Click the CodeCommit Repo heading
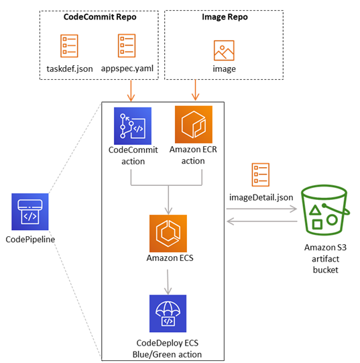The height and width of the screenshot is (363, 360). click(100, 17)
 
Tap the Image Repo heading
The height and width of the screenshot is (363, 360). click(225, 17)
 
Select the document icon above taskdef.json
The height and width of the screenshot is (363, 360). click(69, 46)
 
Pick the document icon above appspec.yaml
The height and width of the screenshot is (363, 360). click(127, 46)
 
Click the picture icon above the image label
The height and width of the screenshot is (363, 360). click(224, 50)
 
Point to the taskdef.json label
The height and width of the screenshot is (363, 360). click(70, 69)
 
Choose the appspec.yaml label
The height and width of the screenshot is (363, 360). click(127, 68)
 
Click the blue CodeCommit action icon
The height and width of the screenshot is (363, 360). click(133, 126)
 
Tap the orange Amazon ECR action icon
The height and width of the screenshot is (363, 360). click(194, 125)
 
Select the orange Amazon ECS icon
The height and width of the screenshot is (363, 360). click(168, 234)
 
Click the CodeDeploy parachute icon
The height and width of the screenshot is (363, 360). click(168, 313)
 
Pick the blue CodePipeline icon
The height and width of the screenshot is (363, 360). click(30, 211)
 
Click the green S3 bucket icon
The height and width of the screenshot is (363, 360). click(325, 210)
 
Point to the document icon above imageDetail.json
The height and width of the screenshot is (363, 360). click(261, 174)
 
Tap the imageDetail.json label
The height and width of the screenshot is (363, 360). click(261, 197)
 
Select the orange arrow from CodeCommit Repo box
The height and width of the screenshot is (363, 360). click(131, 91)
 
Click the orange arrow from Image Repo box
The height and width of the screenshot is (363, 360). click(196, 90)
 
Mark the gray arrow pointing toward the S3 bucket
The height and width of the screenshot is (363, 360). click(261, 209)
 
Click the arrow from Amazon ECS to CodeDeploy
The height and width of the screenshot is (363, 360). click(168, 282)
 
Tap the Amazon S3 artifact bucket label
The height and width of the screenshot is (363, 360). click(326, 259)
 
